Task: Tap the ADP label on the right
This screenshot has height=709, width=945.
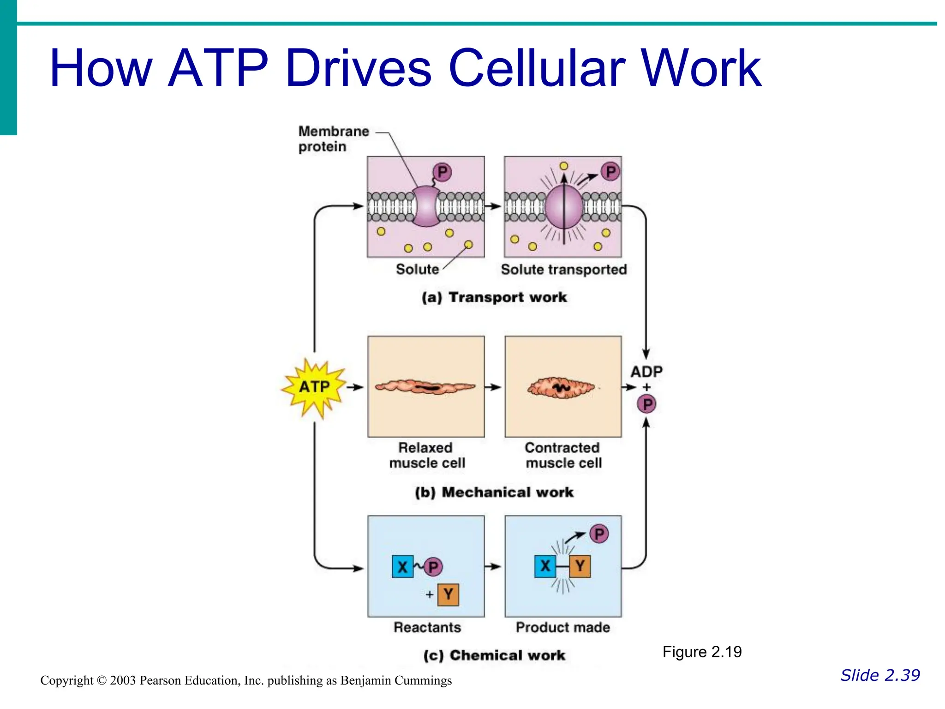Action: pos(646,372)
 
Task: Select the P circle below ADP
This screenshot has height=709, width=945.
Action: pos(647,404)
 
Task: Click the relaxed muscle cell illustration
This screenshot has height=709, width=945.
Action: pos(425,387)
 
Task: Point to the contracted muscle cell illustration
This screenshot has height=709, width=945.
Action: pos(561,387)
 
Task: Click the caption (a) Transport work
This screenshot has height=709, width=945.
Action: pos(494,297)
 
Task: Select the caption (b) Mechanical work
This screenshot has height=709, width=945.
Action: pos(494,493)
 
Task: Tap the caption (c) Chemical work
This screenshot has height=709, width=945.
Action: pos(494,655)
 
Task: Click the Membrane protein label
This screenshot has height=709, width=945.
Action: pos(333,139)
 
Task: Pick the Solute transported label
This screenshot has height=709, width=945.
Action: pos(563,270)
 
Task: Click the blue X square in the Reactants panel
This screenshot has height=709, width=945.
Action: pos(402,567)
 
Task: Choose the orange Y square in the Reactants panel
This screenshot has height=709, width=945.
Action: pos(448,595)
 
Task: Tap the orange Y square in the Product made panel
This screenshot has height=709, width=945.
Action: pos(580,566)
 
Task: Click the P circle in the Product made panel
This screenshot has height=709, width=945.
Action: pos(599,534)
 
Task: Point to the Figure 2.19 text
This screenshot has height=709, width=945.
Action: pos(702,652)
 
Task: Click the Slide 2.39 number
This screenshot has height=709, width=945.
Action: pos(880,675)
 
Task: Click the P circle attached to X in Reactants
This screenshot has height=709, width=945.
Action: pos(433,567)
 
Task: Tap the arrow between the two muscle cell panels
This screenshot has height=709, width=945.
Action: pos(494,387)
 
